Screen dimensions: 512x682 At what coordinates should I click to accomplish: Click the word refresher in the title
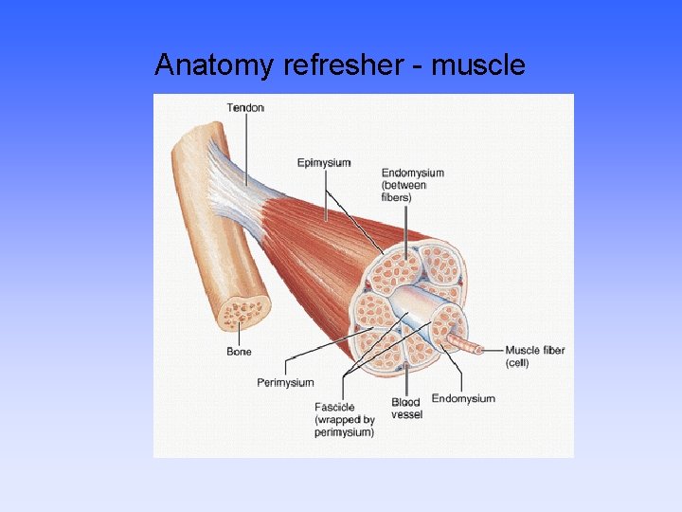tap(329, 64)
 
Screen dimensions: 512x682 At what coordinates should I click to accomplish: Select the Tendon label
tap(245, 107)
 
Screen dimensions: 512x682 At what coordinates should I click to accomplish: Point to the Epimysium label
tap(324, 163)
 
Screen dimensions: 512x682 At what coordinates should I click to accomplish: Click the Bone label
tap(240, 352)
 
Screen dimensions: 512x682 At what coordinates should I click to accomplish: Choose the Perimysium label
tap(285, 383)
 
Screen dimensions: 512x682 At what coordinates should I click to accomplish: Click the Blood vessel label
tap(407, 409)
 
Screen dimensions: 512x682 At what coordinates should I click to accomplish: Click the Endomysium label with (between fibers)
tap(413, 174)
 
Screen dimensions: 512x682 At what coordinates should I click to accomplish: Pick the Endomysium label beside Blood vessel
tap(463, 398)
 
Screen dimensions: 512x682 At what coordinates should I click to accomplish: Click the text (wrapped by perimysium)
tap(345, 426)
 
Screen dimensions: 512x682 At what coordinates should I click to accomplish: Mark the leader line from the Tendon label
tap(246, 142)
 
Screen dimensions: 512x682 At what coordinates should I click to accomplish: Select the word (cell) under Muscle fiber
tap(517, 363)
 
